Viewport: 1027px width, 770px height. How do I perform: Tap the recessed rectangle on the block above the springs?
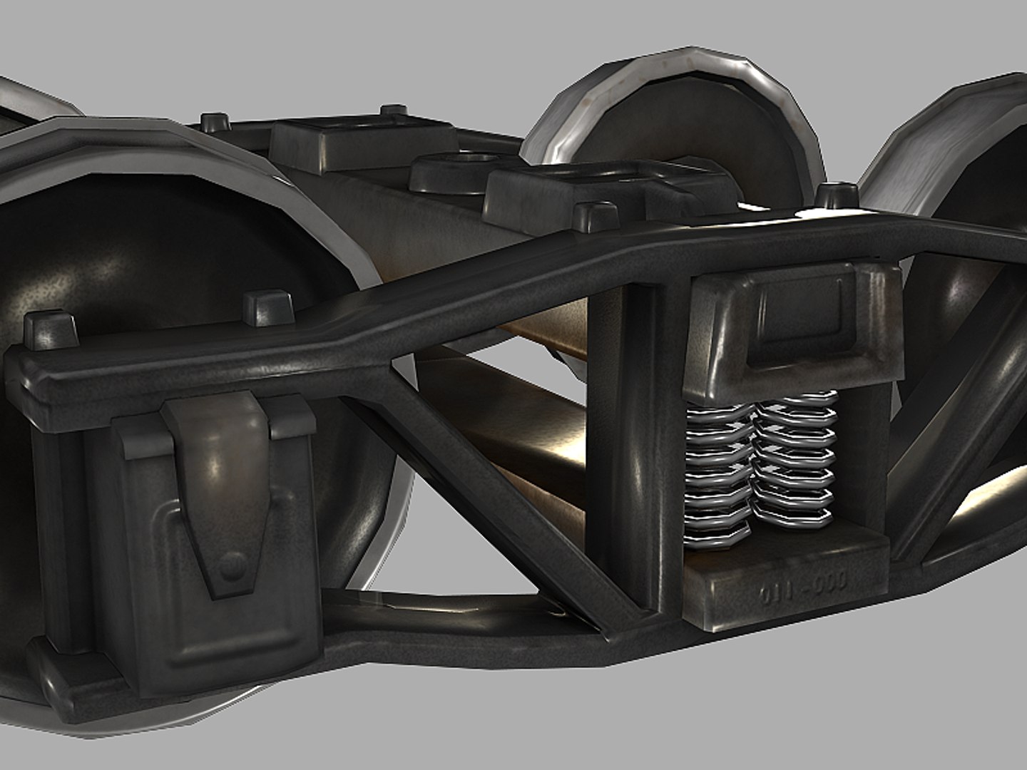[799, 314]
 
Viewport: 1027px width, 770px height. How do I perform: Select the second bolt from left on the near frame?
[267, 308]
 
